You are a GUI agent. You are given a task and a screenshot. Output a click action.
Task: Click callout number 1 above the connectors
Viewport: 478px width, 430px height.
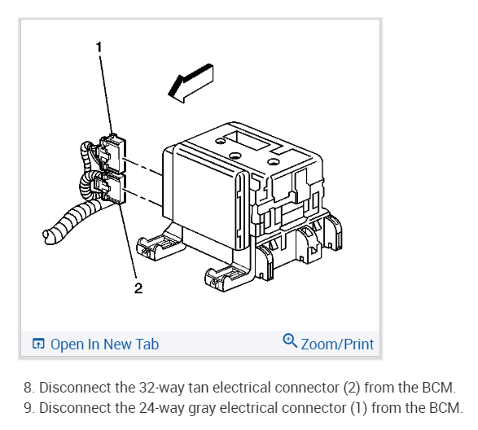click(x=99, y=47)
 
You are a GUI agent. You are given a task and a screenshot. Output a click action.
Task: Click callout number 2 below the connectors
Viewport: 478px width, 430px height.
click(x=138, y=287)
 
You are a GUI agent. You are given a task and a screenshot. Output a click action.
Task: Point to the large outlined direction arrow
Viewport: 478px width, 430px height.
click(x=189, y=84)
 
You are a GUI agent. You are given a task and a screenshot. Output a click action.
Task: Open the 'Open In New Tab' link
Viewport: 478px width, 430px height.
click(x=104, y=344)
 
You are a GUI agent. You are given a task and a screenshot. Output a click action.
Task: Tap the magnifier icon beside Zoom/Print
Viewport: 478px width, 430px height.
click(x=290, y=342)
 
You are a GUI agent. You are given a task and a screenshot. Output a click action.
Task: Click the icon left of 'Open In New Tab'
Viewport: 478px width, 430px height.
click(x=38, y=344)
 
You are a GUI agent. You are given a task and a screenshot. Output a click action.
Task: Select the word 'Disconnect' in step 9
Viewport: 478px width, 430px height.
click(x=77, y=406)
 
